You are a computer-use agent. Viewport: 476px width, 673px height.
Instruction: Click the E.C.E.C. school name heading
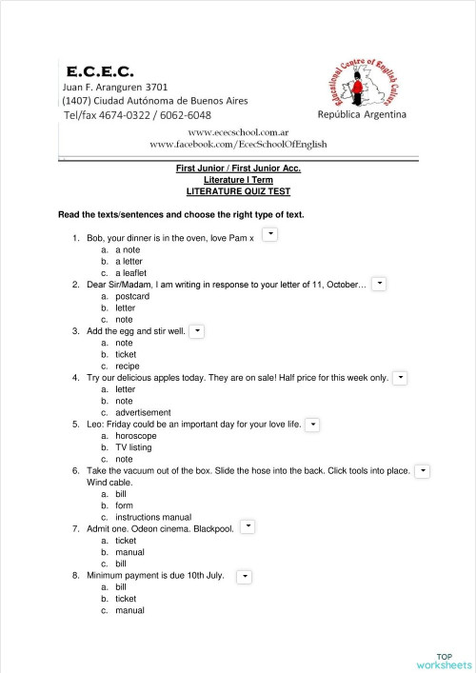coord(100,70)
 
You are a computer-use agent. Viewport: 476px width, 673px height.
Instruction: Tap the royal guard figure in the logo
coord(357,89)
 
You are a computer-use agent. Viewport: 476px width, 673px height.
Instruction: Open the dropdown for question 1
coord(269,233)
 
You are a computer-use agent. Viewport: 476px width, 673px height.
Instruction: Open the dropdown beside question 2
coord(379,283)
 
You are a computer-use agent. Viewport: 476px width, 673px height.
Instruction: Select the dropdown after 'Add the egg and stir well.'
coord(197,330)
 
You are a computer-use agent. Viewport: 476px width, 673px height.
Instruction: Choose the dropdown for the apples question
coord(401,378)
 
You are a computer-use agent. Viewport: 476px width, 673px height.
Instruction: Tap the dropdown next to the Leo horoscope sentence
coord(313,424)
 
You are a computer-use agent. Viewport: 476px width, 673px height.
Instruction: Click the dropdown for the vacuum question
coord(423,470)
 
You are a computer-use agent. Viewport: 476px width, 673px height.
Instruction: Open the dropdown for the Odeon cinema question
coord(248,526)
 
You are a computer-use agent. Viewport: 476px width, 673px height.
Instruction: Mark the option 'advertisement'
coord(144,412)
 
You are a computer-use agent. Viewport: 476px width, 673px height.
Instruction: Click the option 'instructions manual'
coord(152,517)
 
